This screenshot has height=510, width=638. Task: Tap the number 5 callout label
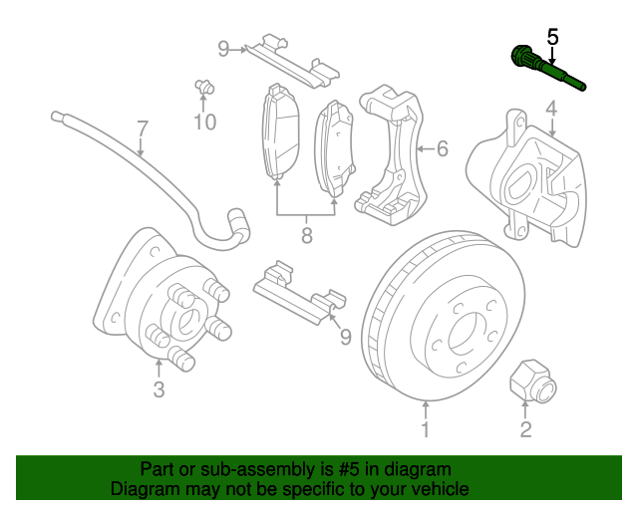[552, 38]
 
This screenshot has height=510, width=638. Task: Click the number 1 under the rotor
[425, 430]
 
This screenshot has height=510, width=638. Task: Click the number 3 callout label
[159, 389]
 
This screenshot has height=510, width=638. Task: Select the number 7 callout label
[142, 129]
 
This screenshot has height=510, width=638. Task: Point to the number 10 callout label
[204, 123]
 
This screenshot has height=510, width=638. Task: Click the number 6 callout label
[442, 149]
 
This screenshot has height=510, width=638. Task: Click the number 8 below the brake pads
[307, 236]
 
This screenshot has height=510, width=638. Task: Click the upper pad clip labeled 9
[285, 59]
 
